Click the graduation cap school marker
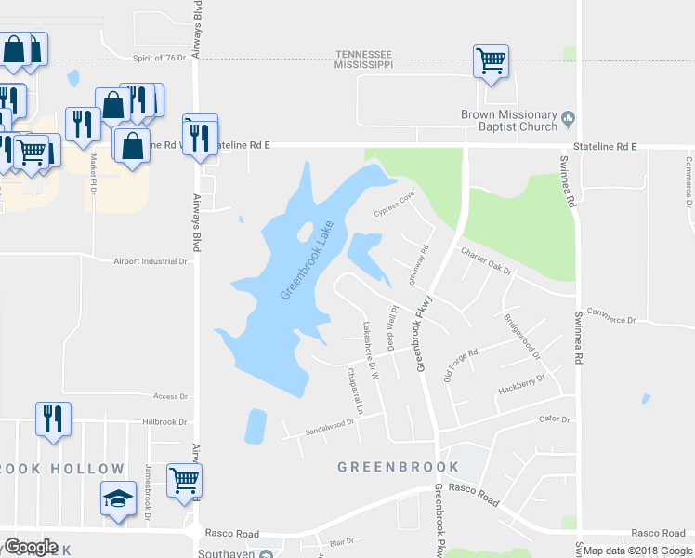118,498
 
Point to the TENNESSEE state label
362,55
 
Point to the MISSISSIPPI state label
363,66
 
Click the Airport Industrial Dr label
151,262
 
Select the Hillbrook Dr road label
165,420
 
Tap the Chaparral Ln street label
353,391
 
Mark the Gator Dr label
554,419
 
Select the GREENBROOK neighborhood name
398,467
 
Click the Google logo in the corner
32,547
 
